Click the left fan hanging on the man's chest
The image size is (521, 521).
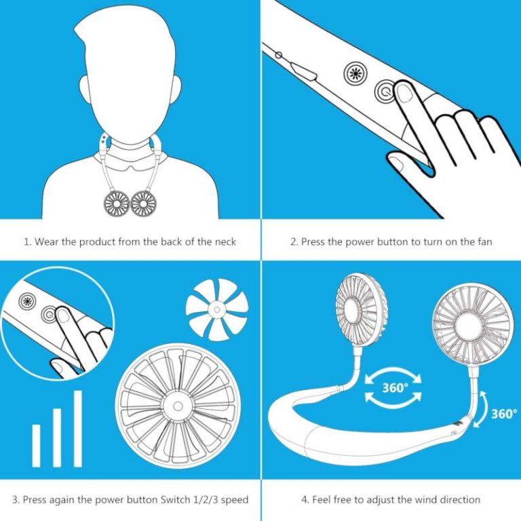click(x=117, y=202)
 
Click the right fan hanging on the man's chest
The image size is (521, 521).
click(x=144, y=202)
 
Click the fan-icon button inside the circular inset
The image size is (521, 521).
click(x=27, y=301)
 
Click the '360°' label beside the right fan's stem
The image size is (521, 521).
click(x=503, y=413)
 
